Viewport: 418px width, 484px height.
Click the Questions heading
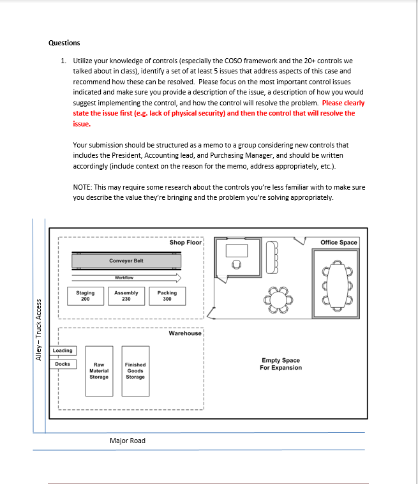pos(64,43)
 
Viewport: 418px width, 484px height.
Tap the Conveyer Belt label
pos(126,261)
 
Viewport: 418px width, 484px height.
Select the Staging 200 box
pos(86,296)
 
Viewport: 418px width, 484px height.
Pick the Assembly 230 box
pos(126,296)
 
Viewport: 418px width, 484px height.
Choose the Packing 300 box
pos(167,296)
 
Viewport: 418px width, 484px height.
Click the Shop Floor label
pos(185,243)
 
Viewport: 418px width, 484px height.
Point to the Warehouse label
pos(185,333)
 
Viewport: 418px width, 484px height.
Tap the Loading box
pos(63,351)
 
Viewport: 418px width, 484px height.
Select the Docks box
pos(63,364)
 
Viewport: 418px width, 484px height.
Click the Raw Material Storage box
pos(99,370)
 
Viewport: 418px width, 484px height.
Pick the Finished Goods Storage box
pos(135,370)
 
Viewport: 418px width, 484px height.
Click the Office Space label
pos(339,243)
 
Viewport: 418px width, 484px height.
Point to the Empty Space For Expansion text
pos(281,364)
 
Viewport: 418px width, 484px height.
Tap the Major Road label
pos(128,441)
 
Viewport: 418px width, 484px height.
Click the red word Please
pos(333,102)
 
